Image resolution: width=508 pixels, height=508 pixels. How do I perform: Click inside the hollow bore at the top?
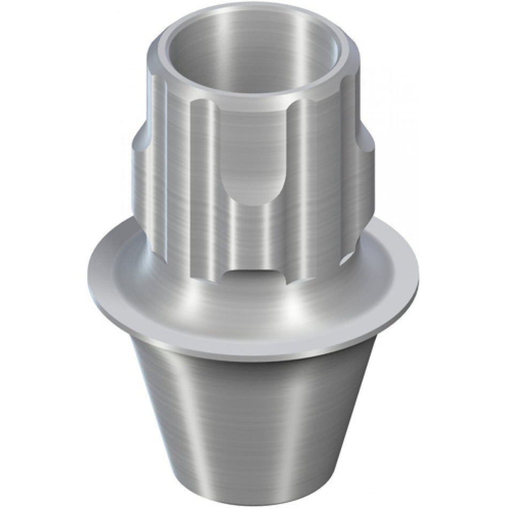coord(251,59)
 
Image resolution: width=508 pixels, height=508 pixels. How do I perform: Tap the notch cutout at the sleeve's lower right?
coord(342,257)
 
